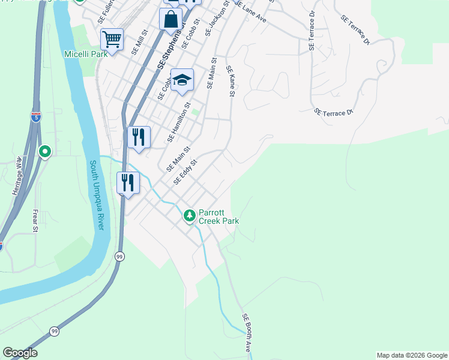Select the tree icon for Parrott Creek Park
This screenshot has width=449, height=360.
tap(190, 215)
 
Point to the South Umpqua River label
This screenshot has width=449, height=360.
tap(97, 194)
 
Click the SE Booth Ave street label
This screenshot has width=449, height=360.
tap(247, 332)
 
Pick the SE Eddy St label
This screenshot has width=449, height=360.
tap(185, 172)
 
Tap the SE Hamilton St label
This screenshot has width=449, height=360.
tap(179, 125)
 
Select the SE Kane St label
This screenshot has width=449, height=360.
tap(230, 81)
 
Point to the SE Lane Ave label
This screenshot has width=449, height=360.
tap(252, 11)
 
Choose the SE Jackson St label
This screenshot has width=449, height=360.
tap(217, 18)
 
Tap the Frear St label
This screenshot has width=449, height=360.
tap(35, 221)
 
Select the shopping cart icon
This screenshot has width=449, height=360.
tap(112, 40)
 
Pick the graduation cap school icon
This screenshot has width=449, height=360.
tap(182, 80)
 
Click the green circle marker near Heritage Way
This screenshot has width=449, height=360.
tap(44, 152)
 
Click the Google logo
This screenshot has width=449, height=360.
tap(20, 353)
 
